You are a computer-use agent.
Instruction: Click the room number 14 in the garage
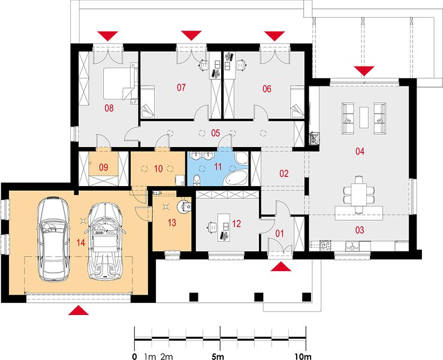pos(80,242)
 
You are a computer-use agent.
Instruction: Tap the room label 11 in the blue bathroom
pos(218,167)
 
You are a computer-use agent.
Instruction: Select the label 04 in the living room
pos(360,151)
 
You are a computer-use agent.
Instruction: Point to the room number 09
pos(103,167)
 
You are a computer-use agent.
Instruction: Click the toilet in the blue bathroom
pos(197,180)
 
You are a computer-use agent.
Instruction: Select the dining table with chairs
pos(359,194)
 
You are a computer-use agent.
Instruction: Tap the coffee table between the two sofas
pos(364,117)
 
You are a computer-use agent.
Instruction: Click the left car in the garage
pos(53,239)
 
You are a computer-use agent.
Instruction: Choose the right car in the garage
pos(105,241)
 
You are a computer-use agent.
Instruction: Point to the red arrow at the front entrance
pos(281,266)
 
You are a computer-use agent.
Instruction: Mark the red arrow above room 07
pos(191,35)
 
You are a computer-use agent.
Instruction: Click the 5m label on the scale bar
pos(218,356)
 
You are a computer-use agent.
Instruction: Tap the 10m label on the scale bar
pos(303,356)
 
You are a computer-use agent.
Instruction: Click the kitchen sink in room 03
pos(352,245)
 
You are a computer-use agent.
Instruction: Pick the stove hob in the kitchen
pos(325,245)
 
